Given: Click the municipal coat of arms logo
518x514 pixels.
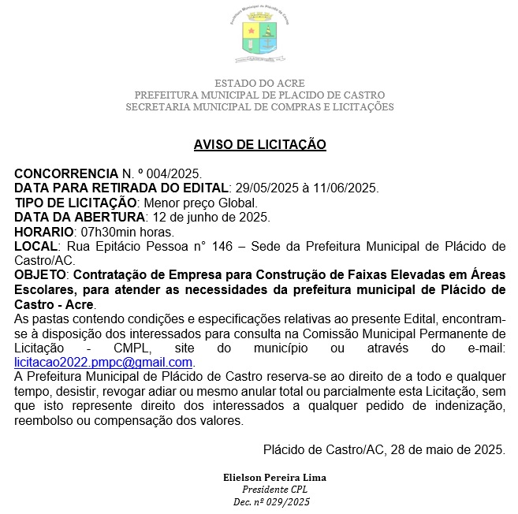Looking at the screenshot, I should [259, 35].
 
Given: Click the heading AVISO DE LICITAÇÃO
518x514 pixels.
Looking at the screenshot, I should [259, 144].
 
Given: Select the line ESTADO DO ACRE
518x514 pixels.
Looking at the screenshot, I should [259, 83].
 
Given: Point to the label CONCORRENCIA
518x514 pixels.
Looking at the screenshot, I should [65, 173].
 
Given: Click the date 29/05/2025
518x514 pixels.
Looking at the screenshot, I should [262, 188].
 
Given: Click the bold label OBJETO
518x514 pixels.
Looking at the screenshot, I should [41, 275].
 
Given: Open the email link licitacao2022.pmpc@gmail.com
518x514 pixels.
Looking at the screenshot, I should [104, 362].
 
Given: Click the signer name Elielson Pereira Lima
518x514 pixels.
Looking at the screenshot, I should [274, 478].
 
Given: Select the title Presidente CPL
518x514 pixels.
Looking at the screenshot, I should [274, 489].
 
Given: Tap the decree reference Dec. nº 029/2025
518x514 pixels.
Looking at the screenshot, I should [272, 501].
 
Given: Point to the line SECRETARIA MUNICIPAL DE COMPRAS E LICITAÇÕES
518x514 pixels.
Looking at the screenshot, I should [259, 106].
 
